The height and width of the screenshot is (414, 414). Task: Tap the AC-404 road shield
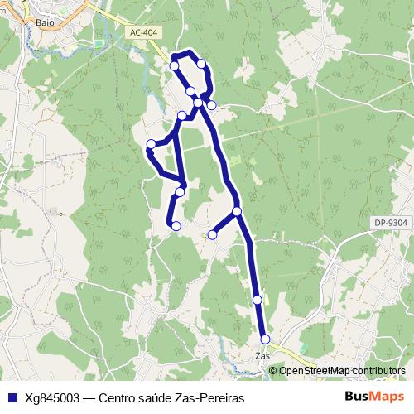click(x=143, y=32)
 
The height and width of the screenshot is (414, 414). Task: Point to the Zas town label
click(x=264, y=355)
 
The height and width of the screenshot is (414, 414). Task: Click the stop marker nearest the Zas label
click(x=265, y=339)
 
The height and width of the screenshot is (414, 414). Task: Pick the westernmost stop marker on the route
click(x=151, y=145)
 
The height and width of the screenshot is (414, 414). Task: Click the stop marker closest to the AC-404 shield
click(x=174, y=65)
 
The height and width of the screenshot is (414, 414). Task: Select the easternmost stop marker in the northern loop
click(x=212, y=105)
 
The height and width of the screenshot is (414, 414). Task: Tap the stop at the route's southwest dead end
click(x=176, y=225)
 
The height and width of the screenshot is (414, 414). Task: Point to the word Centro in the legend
click(x=118, y=397)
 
